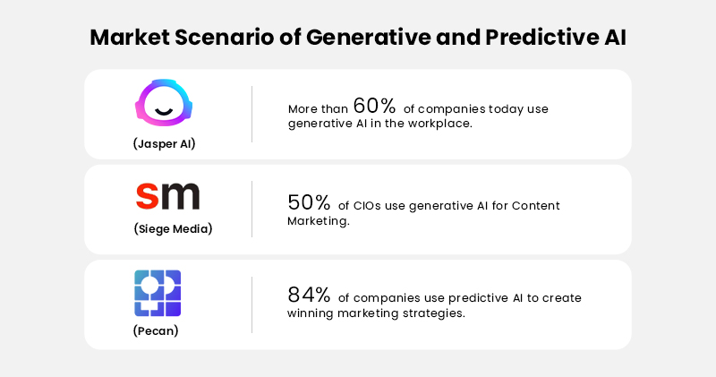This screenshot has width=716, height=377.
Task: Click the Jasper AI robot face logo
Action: click(x=164, y=102)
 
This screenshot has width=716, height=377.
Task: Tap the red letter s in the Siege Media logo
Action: click(x=146, y=196)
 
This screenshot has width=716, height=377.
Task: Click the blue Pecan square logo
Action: click(x=158, y=293)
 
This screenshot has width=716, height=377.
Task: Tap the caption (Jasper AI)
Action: click(x=164, y=143)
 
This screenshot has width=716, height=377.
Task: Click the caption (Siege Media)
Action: click(x=173, y=228)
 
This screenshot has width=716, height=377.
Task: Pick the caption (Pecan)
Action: click(x=158, y=332)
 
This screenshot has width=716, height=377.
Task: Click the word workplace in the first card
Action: click(x=440, y=124)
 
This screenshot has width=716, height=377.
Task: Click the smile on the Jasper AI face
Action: click(x=164, y=111)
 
